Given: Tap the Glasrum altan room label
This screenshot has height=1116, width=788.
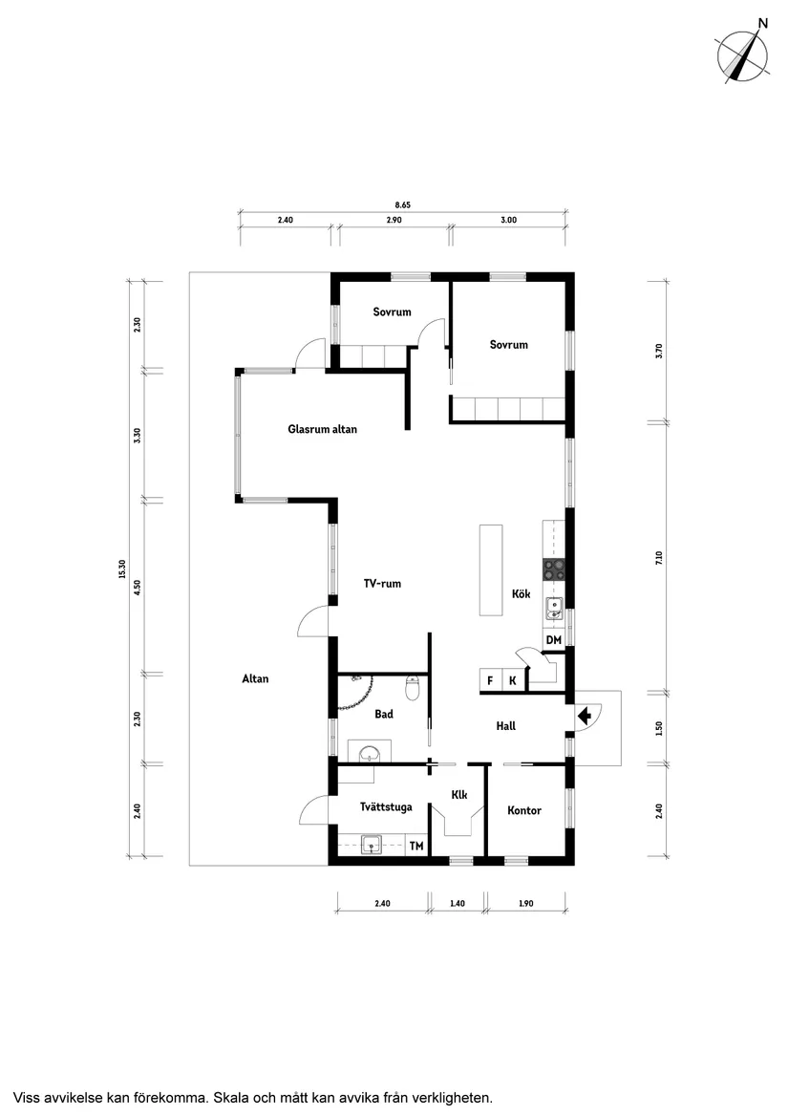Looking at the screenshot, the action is (322, 429).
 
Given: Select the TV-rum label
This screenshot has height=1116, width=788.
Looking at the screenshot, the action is (382, 584).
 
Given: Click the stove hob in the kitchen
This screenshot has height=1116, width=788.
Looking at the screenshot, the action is (555, 569).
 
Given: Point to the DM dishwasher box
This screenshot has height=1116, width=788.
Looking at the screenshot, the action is (554, 640).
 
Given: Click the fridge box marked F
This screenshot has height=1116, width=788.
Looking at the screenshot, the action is (490, 680).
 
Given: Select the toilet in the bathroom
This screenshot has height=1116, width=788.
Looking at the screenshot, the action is (412, 688).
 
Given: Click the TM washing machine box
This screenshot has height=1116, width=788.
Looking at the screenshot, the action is (416, 846).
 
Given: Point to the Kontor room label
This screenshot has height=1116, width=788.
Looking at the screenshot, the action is (524, 810).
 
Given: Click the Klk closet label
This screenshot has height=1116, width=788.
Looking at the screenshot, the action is (459, 795).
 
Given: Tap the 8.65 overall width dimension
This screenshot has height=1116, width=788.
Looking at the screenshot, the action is (402, 205).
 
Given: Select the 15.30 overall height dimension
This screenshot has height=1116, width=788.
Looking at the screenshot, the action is (122, 569).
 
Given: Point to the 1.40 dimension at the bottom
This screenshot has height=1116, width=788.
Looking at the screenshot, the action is (458, 903).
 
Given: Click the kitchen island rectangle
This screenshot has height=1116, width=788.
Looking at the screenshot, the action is (491, 569).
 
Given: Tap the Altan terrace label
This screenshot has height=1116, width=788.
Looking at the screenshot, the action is (255, 679).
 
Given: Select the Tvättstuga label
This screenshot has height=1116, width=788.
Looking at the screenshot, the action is (386, 807).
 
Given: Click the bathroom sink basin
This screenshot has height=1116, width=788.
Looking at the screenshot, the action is (369, 753).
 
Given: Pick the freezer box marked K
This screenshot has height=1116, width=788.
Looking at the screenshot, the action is (513, 680).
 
